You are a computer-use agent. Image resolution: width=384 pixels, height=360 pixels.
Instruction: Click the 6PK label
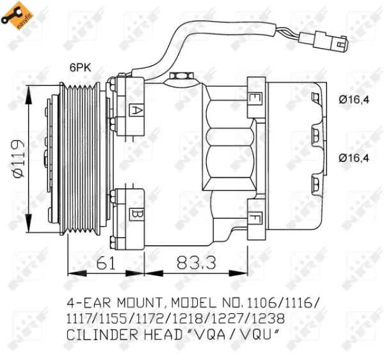[80, 66]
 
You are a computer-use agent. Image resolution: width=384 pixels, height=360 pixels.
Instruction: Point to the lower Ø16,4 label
[354, 158]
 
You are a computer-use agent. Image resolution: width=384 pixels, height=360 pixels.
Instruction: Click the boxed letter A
[136, 110]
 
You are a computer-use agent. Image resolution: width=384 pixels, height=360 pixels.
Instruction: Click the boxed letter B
[136, 213]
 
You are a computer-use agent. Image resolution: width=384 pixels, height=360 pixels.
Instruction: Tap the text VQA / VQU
[239, 334]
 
